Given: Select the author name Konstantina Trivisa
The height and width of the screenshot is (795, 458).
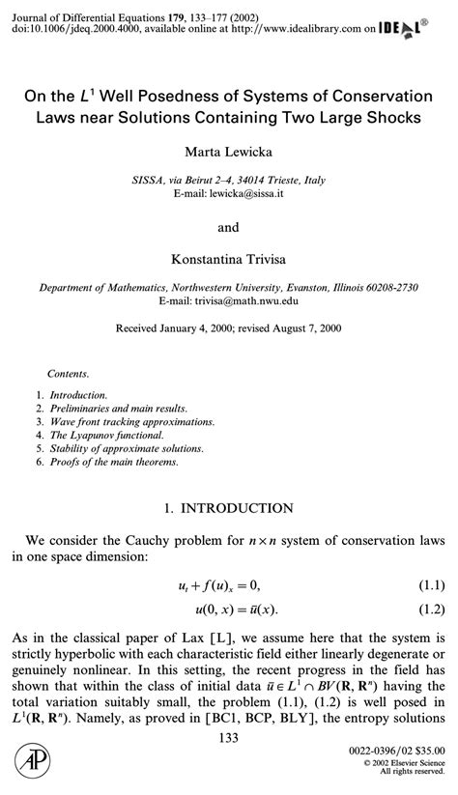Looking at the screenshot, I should (228, 259).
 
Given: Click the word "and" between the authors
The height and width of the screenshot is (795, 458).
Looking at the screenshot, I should (228, 229).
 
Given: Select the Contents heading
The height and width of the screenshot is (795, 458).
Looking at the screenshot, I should (68, 373).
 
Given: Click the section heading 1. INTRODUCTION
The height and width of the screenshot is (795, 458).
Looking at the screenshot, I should (228, 507).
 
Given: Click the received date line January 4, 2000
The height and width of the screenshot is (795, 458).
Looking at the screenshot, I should (228, 328).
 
